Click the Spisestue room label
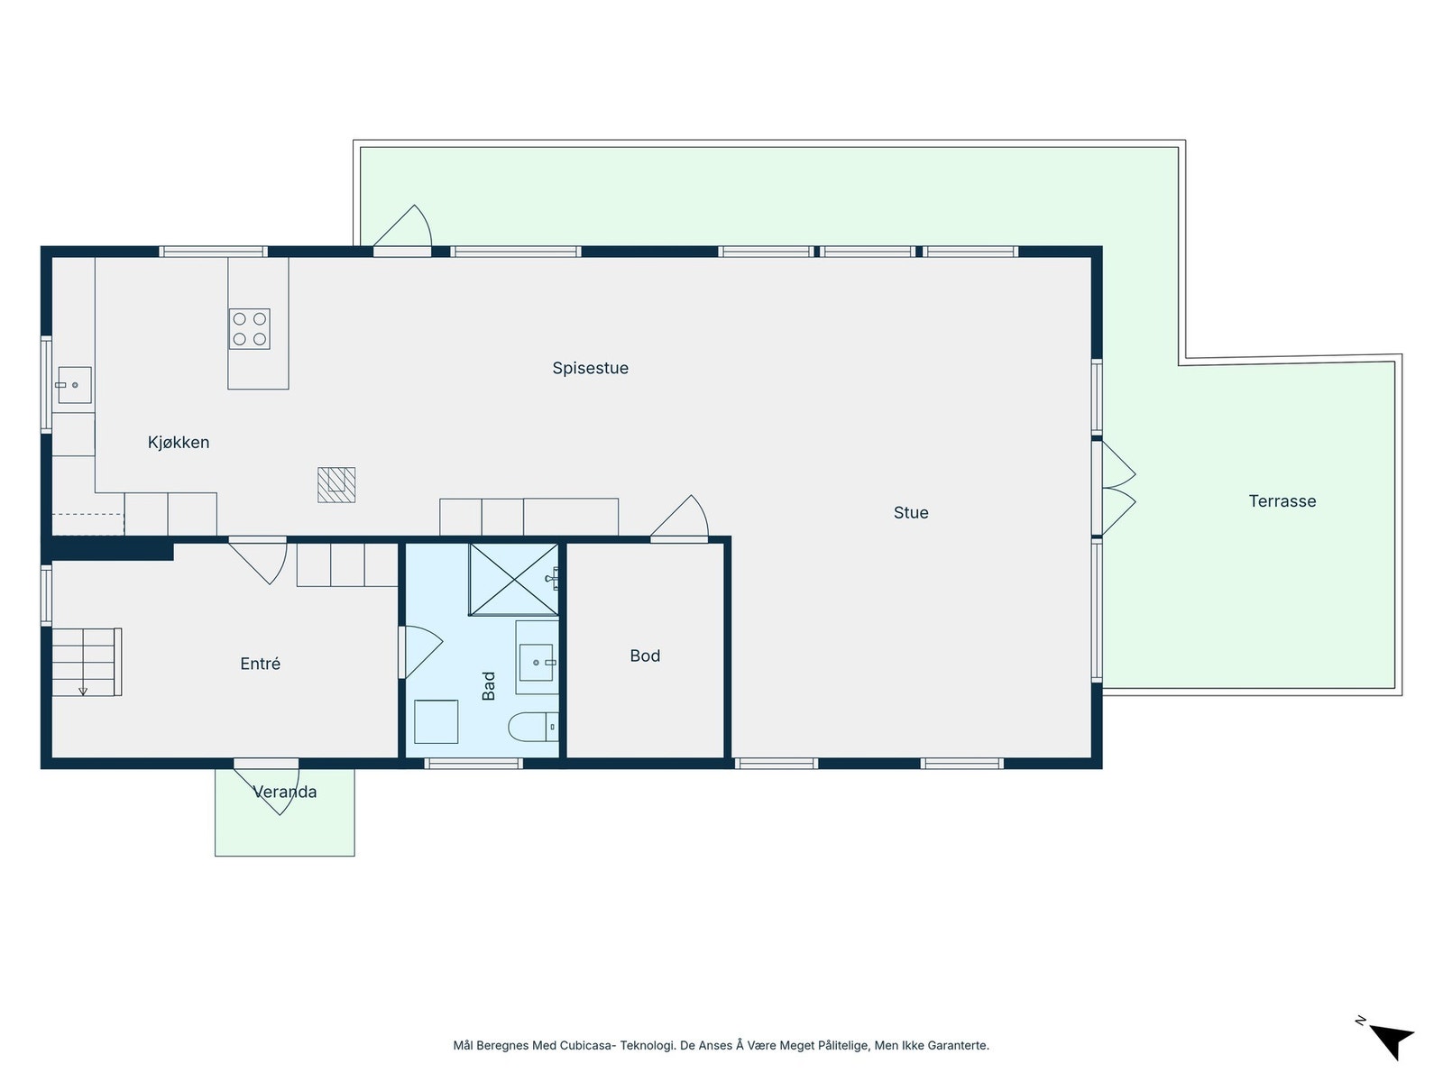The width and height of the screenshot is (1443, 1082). point(590,368)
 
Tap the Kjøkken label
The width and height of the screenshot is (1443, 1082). point(179,442)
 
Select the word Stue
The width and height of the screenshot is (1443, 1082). point(911,512)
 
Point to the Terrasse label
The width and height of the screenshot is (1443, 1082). point(1282,501)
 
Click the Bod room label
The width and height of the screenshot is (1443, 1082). point(644,656)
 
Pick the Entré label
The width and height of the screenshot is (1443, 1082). point(260,664)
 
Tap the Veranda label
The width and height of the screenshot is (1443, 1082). point(285,792)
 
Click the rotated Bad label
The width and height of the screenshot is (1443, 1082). point(489,686)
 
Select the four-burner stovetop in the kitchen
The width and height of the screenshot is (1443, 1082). point(249,328)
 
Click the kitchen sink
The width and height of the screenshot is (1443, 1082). point(74,385)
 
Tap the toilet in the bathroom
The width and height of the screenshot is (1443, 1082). point(533,727)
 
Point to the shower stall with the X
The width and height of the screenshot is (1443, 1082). point(513,580)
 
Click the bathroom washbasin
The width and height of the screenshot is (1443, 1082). point(537,662)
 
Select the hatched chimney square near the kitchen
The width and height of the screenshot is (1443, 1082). point(336,485)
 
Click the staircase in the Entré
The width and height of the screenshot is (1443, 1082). point(87,662)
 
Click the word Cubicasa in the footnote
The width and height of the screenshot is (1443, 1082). point(584,1045)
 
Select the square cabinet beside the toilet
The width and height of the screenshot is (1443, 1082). point(436,722)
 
